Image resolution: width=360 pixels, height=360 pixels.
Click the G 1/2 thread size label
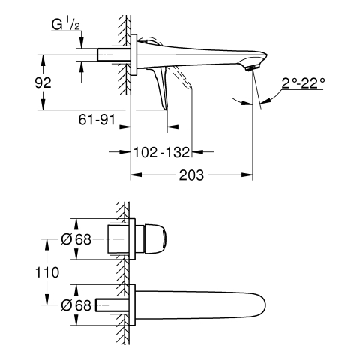point(66,25)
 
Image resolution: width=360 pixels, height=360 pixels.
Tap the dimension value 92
point(43,82)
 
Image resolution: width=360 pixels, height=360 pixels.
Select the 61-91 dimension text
point(97,119)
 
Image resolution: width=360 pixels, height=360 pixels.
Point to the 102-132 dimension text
point(162,152)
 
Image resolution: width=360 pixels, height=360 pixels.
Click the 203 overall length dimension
point(191,175)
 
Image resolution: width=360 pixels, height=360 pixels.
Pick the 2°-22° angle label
point(304,83)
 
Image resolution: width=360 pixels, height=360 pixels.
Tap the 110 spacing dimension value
point(47,272)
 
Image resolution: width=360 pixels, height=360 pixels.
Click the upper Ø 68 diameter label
point(76,239)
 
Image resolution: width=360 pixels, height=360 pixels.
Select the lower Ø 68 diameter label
point(76,305)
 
